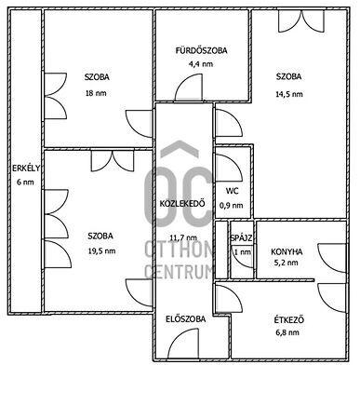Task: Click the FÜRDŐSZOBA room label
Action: point(201,50)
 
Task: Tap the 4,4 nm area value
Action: point(201,64)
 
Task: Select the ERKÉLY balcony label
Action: point(26,169)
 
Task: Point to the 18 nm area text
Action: point(96,93)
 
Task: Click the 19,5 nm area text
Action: point(101,250)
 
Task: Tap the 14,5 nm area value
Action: point(289,94)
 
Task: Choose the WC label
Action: point(233,191)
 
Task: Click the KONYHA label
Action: point(287,251)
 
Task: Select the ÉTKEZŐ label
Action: point(288,320)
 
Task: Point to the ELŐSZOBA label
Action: point(185,319)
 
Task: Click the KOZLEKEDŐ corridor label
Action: point(182,204)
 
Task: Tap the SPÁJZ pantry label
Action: point(241,238)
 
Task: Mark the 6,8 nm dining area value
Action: point(287,332)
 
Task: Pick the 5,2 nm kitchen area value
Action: point(286,263)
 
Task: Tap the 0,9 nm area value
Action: point(232,206)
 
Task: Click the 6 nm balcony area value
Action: point(25,182)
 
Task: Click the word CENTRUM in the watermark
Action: point(180,271)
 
